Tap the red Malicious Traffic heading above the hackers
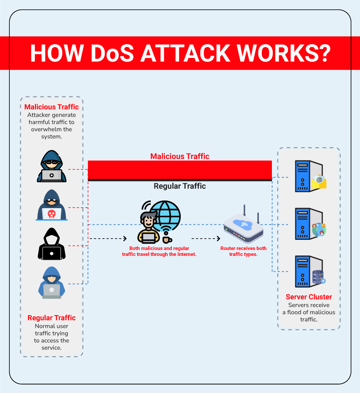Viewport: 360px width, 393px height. click(52, 107)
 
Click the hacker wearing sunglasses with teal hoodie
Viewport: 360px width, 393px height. click(52, 166)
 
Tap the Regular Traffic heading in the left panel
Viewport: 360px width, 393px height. click(52, 318)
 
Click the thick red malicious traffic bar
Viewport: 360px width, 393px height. click(180, 170)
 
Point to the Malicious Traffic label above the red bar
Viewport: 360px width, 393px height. click(180, 156)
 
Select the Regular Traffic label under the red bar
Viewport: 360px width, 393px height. click(180, 186)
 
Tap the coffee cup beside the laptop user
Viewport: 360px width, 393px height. click(166, 239)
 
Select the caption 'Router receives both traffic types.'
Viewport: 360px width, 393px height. click(244, 251)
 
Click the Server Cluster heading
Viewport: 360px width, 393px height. click(309, 297)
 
